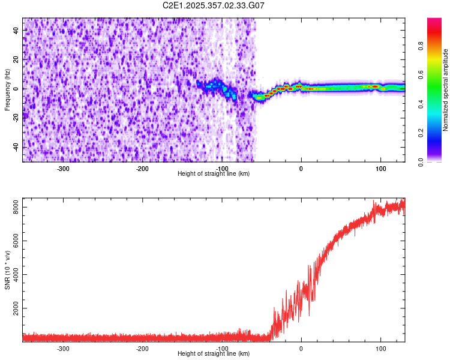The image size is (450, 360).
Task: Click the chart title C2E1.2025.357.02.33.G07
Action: coord(214,5)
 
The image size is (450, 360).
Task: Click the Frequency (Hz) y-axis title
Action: coord(7,90)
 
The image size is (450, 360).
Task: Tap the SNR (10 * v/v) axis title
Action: coord(7,270)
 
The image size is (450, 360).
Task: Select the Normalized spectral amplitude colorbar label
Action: coord(446,90)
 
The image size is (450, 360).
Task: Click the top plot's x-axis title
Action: coord(214,173)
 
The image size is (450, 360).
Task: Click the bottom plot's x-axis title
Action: coord(214,354)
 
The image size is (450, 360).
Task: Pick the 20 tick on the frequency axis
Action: coord(17,59)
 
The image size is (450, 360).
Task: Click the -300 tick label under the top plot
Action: coord(63,168)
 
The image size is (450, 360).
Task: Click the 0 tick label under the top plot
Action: coord(301,168)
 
